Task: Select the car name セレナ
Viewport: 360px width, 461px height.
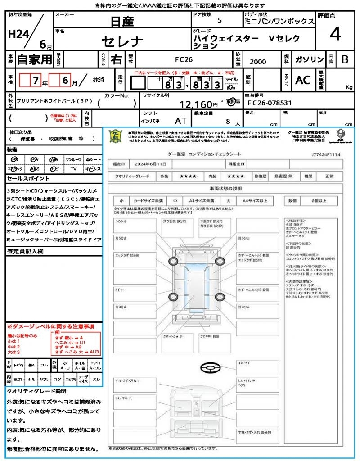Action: (122, 42)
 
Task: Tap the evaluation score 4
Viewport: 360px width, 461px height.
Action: (334, 34)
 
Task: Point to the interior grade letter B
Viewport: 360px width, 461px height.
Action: (345, 59)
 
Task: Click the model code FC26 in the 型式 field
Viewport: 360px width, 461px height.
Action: (185, 59)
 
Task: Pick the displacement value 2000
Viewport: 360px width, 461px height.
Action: (258, 62)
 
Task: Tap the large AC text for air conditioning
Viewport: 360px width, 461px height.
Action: (302, 80)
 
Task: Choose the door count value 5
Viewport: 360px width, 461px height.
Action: (219, 21)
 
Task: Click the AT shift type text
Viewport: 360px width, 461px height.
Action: (180, 121)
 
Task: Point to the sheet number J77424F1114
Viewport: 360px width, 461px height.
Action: (325, 154)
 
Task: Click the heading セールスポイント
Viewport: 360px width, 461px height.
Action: (26, 178)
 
